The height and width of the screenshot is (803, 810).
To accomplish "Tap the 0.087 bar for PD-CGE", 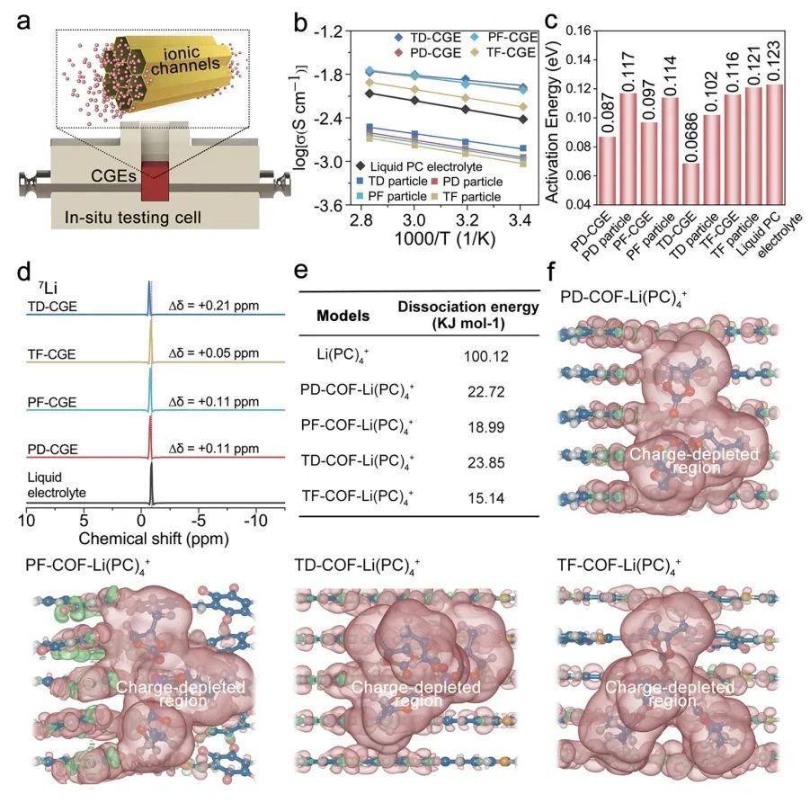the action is [x=608, y=170].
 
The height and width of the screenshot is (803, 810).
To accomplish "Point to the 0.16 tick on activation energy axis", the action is [x=578, y=31].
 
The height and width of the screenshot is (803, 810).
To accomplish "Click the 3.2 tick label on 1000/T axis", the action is [x=467, y=220].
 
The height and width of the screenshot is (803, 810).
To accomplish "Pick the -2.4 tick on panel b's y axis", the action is [x=328, y=119].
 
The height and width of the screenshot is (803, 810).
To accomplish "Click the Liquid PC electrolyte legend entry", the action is [x=419, y=166].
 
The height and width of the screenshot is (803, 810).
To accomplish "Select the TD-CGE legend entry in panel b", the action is [x=428, y=38].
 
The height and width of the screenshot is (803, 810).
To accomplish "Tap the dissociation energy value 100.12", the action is [x=486, y=357].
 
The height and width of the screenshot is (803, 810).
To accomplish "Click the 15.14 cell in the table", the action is [x=486, y=498].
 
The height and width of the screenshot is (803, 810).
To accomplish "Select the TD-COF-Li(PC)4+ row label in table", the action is [x=357, y=461].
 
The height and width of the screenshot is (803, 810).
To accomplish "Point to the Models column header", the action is [x=343, y=316].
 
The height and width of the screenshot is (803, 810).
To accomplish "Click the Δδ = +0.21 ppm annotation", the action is [x=214, y=306].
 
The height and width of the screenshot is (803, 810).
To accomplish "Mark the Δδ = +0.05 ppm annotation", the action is [x=214, y=353].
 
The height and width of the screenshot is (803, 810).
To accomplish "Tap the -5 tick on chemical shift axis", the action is [x=199, y=521].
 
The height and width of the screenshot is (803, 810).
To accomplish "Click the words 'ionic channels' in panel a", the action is [x=185, y=60].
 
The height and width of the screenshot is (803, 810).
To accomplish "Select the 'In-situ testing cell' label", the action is [x=133, y=218].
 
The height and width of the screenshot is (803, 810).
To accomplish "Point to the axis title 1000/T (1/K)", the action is [x=445, y=239].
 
